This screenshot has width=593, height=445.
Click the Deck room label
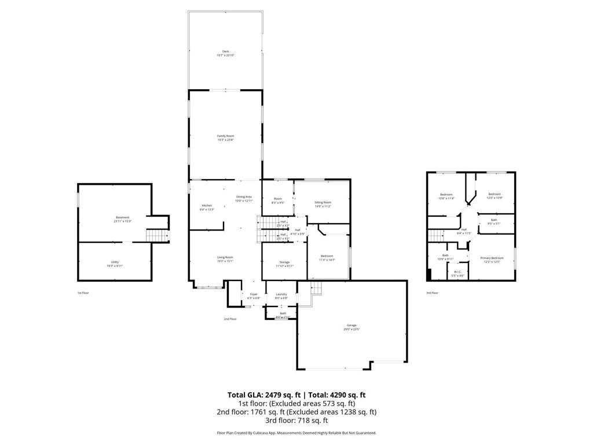225,52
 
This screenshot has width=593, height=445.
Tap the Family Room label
225,136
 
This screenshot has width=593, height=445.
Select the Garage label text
352,325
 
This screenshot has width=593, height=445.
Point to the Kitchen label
207,206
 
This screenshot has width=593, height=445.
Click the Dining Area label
244,197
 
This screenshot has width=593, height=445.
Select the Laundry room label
281,294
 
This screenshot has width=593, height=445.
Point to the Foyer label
254,294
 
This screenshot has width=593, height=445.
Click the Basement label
122,217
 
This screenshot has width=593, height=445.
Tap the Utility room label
115,262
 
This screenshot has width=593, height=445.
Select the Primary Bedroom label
492,258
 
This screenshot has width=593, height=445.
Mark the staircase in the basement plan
156,235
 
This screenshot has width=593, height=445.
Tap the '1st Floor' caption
83,293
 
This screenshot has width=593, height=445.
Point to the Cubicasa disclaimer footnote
296,433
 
